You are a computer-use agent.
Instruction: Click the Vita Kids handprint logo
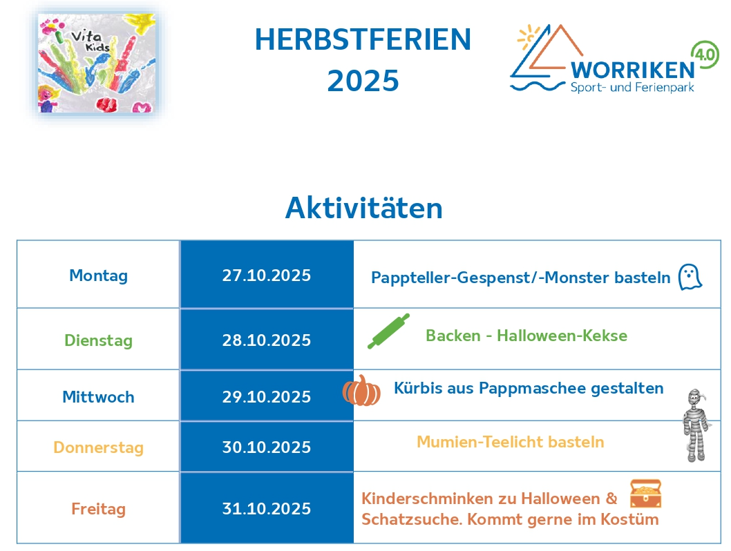click(x=97, y=63)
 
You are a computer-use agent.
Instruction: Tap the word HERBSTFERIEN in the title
click(x=363, y=39)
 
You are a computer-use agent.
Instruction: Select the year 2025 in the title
click(x=363, y=81)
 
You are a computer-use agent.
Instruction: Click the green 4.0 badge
click(x=705, y=55)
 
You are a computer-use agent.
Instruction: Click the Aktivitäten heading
click(x=363, y=208)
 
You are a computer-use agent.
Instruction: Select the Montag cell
click(x=98, y=275)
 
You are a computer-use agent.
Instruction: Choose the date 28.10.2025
click(x=266, y=340)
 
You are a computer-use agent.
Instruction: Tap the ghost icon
click(x=690, y=277)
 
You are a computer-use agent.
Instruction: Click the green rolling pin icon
click(x=388, y=331)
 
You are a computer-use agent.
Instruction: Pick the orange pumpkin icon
click(x=361, y=390)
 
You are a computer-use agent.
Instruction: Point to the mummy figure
click(x=696, y=425)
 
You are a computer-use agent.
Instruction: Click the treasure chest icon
click(x=646, y=494)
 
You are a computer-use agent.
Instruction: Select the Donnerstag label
click(x=98, y=447)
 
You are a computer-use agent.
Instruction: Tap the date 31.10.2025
click(x=266, y=508)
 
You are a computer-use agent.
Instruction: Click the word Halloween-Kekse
click(x=562, y=336)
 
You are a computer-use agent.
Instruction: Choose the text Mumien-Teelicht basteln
click(x=511, y=441)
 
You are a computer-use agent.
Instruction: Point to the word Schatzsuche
click(x=412, y=519)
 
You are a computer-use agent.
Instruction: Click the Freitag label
click(x=98, y=509)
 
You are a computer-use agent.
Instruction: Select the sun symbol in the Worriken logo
click(x=529, y=37)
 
